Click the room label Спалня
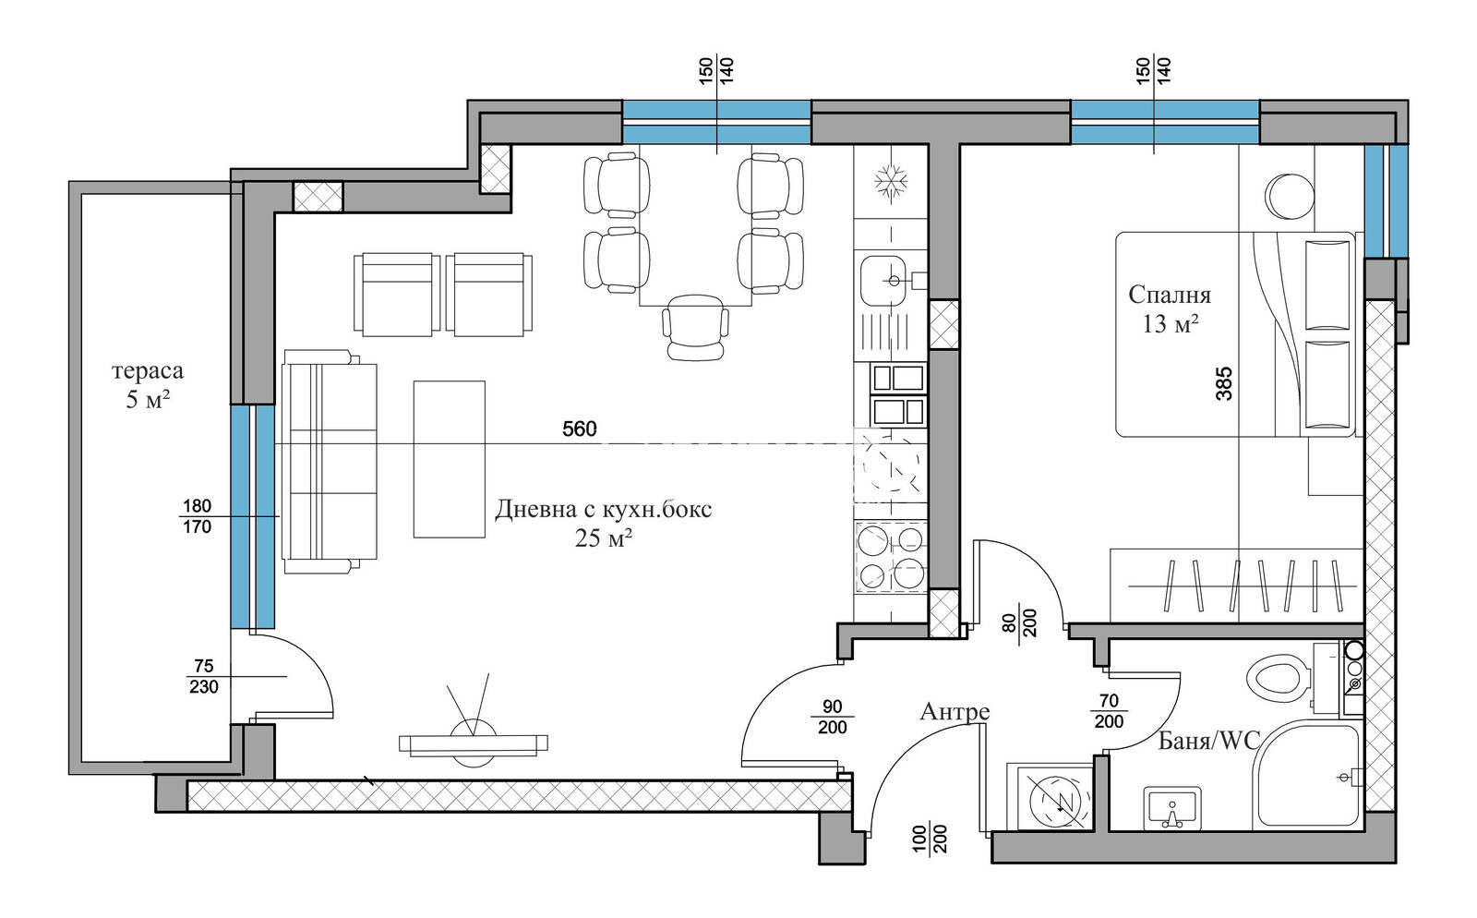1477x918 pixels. click(1169, 295)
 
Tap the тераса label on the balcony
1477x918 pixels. click(148, 370)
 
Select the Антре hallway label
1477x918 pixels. click(955, 711)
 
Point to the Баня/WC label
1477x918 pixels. click(1209, 742)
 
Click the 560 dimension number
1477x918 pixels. click(579, 429)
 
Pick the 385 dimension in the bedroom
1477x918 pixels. click(1223, 384)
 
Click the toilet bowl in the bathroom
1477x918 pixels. click(1278, 679)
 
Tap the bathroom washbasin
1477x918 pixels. click(1171, 808)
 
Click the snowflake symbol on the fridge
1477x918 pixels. click(891, 181)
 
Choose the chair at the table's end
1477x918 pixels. click(696, 327)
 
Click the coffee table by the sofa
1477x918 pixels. click(449, 459)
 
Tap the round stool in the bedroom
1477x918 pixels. click(1289, 196)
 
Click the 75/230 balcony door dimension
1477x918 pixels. click(204, 677)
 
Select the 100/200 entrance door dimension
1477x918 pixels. click(930, 839)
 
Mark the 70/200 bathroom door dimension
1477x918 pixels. click(1109, 711)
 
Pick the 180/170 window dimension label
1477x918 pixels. click(198, 516)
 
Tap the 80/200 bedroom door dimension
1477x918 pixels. click(1019, 622)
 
